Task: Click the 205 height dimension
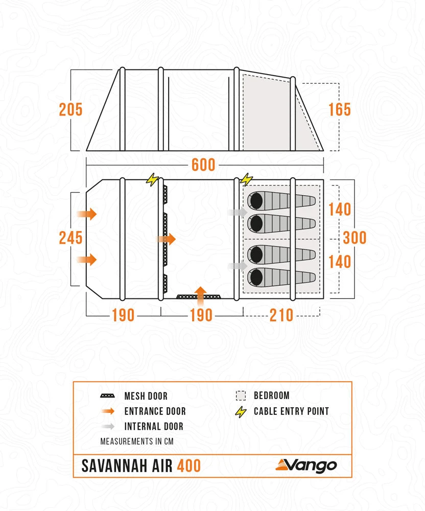click(70, 109)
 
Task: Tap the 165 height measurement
click(340, 109)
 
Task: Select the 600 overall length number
click(203, 165)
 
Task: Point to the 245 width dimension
click(70, 238)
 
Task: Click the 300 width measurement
click(355, 238)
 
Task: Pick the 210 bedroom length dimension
click(281, 315)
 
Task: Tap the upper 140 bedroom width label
click(340, 210)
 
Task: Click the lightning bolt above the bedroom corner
click(247, 179)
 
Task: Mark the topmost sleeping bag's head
click(255, 200)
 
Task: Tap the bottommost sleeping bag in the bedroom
click(281, 277)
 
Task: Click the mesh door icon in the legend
click(108, 396)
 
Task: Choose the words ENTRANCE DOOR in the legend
click(155, 411)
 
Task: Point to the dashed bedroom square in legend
click(241, 396)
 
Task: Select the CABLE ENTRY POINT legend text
click(291, 411)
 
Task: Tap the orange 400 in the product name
click(189, 466)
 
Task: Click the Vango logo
click(306, 466)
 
